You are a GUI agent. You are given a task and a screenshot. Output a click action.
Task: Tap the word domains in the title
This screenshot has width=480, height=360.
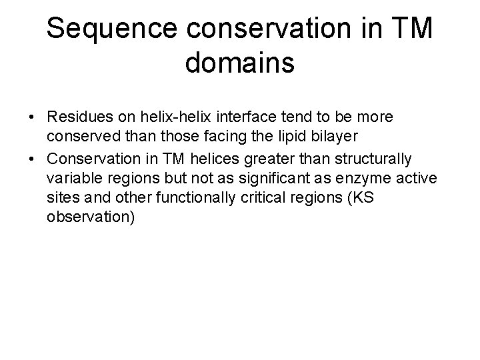(x=239, y=64)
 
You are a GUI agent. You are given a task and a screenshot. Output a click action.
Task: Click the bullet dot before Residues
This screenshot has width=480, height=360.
(x=31, y=117)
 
